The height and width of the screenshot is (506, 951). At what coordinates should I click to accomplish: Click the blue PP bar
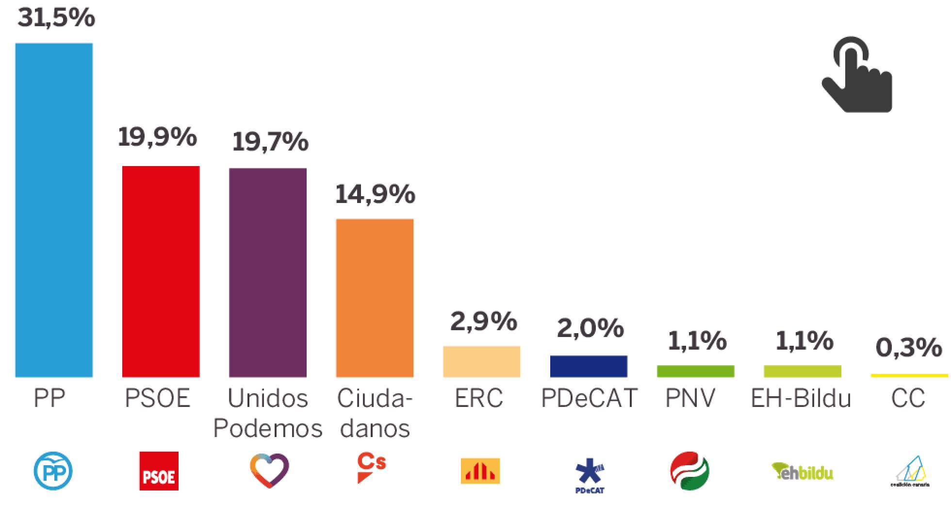54,210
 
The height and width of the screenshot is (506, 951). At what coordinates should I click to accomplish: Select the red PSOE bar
161,271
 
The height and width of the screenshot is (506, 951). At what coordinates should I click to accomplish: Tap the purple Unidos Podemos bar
268,272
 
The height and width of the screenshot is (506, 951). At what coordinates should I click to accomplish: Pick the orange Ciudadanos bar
375,298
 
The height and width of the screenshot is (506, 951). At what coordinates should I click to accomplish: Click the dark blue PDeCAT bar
589,366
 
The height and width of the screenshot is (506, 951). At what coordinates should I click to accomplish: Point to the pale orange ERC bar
481,361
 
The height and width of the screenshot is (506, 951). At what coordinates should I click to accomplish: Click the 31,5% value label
56,18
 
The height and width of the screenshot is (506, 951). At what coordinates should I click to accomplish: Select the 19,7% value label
270,141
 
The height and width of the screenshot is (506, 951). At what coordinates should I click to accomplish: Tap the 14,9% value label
375,194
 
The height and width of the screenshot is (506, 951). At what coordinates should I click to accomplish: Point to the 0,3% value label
909,348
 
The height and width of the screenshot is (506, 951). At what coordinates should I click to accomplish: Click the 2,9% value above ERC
483,321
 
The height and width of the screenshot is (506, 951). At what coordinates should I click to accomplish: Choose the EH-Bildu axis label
801,398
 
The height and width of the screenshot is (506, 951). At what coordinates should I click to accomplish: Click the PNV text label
690,398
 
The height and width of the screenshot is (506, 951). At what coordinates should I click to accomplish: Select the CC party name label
908,398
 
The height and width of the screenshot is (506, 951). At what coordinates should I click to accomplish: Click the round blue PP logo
53,471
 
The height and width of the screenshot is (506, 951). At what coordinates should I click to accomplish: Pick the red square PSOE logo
159,471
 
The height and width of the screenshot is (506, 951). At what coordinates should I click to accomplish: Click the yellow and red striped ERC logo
480,471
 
